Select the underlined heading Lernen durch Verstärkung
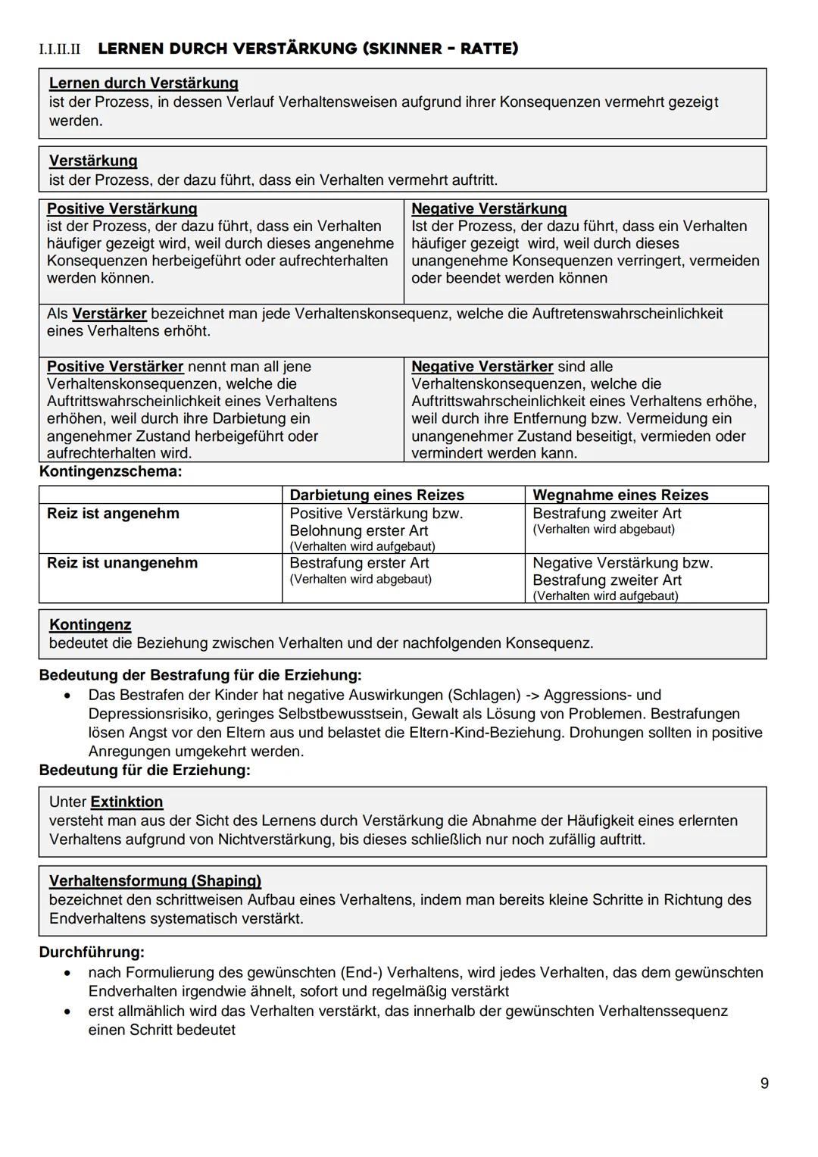pos(143,83)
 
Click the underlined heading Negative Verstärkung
pos(489,208)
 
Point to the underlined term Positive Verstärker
pos(115,367)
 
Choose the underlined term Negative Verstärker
pos(482,367)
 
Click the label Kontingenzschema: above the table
pos(111,472)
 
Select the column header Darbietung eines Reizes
pos(376,495)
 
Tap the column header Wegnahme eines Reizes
pos(620,495)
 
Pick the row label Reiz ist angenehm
pos(113,514)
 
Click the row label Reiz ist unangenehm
pos(122,563)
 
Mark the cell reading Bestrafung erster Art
pos(359,563)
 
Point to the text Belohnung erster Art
pos(358,530)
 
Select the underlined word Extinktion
pos(126,802)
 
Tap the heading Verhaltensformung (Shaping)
pos(155,880)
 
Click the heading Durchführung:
pos(92,952)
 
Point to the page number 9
pos(764,1084)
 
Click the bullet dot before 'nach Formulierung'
pos(69,973)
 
